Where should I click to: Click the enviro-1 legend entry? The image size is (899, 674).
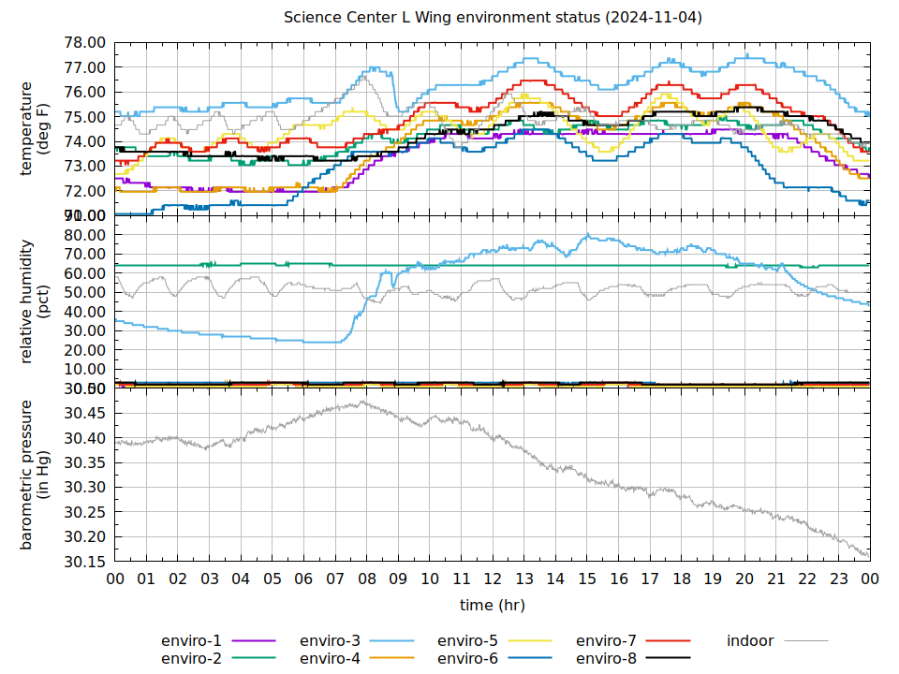(192, 641)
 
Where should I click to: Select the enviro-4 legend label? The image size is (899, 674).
(330, 658)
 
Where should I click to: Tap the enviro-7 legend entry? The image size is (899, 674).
(606, 641)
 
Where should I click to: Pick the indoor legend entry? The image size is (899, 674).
(750, 641)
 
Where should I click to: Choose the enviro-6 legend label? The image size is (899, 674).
(467, 658)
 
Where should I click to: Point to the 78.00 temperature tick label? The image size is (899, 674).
(86, 43)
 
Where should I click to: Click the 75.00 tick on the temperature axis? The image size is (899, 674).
(86, 117)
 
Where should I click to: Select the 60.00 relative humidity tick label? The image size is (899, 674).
(86, 273)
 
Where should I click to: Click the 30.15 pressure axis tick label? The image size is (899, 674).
(86, 562)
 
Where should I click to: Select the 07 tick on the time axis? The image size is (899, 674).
(335, 579)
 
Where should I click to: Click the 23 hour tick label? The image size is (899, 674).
(838, 579)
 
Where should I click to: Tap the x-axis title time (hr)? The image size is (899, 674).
(493, 606)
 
